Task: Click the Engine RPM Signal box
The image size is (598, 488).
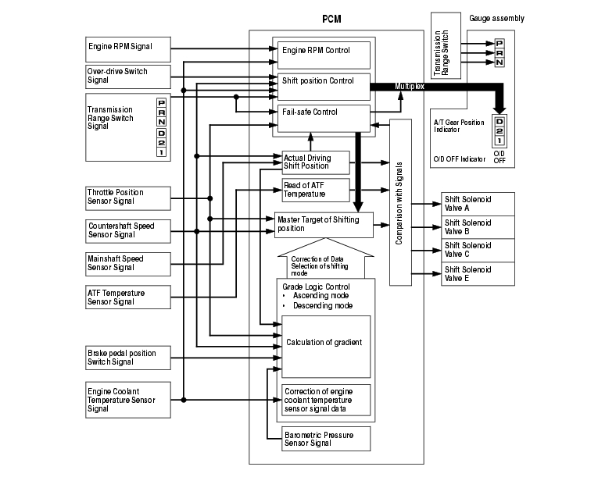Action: click(x=127, y=48)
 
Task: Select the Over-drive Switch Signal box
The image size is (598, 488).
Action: click(x=127, y=76)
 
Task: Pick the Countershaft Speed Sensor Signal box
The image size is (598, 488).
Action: click(x=127, y=230)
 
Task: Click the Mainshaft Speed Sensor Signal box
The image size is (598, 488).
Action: click(x=127, y=263)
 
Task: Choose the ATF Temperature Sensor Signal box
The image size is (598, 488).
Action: click(x=127, y=297)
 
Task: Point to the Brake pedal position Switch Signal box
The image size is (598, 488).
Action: click(x=127, y=358)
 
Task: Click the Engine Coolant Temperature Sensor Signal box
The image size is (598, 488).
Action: click(x=127, y=398)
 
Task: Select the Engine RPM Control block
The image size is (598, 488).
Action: click(x=324, y=54)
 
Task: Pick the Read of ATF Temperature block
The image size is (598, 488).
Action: click(x=315, y=190)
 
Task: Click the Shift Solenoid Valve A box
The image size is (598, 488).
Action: click(x=477, y=203)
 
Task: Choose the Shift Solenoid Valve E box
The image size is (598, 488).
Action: click(x=477, y=274)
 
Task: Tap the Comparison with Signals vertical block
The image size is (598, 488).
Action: click(x=400, y=202)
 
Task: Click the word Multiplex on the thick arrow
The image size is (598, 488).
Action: click(x=410, y=87)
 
